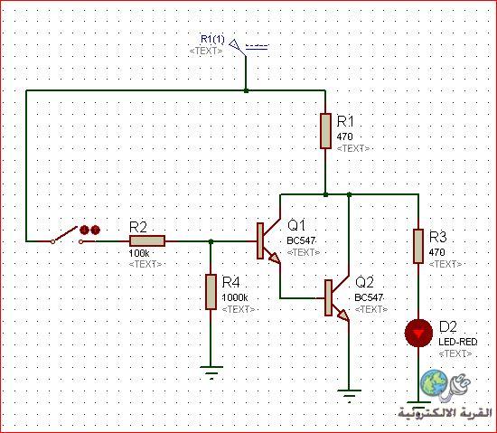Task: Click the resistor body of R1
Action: coord(325,131)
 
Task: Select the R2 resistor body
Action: coord(147,241)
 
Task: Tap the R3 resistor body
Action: coord(418,246)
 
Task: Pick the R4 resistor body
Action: coord(211,292)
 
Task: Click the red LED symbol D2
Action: coord(418,334)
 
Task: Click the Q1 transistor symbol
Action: coord(268,241)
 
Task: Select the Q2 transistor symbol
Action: coord(337,298)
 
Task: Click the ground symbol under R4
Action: coord(211,372)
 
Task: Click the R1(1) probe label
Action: coord(212,39)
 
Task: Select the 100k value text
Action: coord(139,253)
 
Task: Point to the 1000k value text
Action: coord(235,297)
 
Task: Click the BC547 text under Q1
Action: coord(301,240)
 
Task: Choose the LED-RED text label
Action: coord(458,342)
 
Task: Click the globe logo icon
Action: coord(434,382)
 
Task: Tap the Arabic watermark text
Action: coord(445,413)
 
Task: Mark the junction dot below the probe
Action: coord(246,90)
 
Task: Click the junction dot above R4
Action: coord(211,241)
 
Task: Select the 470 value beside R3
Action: coord(436,252)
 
